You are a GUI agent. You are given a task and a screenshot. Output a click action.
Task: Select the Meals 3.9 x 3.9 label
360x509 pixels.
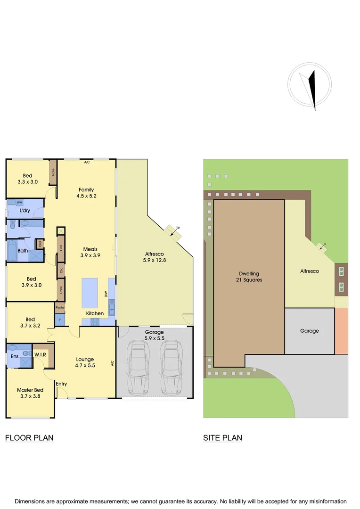[90, 252]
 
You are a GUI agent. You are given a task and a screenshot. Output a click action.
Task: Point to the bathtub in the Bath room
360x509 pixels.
[12, 250]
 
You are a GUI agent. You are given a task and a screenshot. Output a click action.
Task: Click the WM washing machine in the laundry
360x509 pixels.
[19, 202]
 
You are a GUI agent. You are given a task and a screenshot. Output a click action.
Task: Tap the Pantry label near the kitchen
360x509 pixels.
[60, 308]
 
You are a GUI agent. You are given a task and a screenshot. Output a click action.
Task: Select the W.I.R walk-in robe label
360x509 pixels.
[40, 354]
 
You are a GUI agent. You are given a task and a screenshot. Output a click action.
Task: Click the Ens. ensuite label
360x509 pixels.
[15, 356]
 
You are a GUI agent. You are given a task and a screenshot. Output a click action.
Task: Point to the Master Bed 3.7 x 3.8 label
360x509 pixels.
[30, 393]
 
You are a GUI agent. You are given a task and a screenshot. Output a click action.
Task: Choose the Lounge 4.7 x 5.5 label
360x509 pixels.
[85, 362]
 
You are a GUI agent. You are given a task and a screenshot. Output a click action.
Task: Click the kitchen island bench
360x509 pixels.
[90, 293]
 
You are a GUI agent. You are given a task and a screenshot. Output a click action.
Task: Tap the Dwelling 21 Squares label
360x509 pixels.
[249, 277]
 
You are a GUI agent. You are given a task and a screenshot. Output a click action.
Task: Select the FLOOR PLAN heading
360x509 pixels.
[29, 438]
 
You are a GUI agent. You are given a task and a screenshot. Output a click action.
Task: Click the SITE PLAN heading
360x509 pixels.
[222, 438]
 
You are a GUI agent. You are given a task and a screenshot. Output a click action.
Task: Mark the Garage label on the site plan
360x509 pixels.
[310, 331]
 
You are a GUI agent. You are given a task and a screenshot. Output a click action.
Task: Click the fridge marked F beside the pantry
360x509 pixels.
[60, 320]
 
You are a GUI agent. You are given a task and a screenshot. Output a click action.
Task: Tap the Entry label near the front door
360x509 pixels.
[61, 384]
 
